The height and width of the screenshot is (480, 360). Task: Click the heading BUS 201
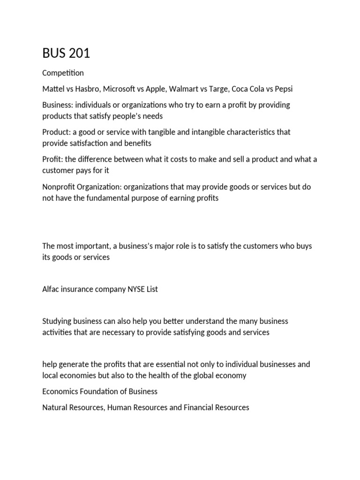[66, 53]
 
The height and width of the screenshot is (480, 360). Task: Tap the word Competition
[63, 73]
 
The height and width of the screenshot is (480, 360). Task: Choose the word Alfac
[52, 289]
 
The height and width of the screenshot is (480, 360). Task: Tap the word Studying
[58, 321]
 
